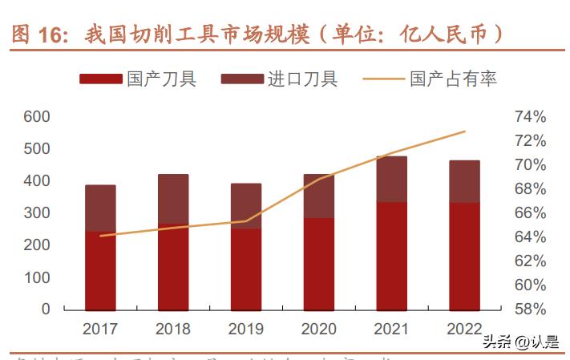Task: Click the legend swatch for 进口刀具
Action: (242, 79)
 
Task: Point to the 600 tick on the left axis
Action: (37, 117)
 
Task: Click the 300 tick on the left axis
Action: (37, 213)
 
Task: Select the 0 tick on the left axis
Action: (46, 309)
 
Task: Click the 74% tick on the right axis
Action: (530, 117)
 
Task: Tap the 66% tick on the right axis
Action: (530, 213)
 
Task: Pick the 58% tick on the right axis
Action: (530, 309)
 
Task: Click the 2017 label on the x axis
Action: (100, 329)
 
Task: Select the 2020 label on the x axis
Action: (318, 329)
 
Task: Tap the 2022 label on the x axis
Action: (464, 329)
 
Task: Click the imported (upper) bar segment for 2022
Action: (464, 181)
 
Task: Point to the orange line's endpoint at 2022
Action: (465, 131)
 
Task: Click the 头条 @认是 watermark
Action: (520, 342)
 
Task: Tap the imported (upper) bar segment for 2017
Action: (100, 208)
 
